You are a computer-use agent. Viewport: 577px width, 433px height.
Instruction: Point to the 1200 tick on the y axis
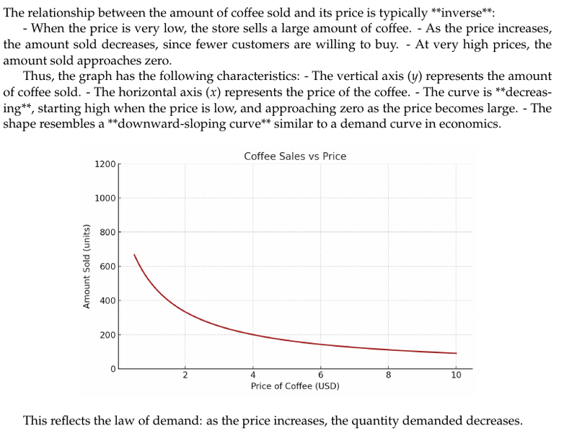105,164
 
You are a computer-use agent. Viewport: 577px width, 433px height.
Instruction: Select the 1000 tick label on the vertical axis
105,198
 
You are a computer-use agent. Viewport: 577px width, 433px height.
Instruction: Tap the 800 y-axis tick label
107,233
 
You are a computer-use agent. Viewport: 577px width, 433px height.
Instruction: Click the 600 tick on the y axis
107,267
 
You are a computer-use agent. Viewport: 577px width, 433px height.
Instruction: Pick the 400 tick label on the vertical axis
107,300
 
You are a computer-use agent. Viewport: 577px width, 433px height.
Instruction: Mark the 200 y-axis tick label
107,335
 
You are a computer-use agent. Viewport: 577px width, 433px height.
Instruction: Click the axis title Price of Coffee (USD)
295,386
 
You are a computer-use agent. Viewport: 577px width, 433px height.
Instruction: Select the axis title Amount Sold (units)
87,267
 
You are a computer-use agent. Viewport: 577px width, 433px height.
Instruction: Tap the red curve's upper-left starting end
134,254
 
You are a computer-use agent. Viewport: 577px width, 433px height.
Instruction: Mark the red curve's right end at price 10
456,353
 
